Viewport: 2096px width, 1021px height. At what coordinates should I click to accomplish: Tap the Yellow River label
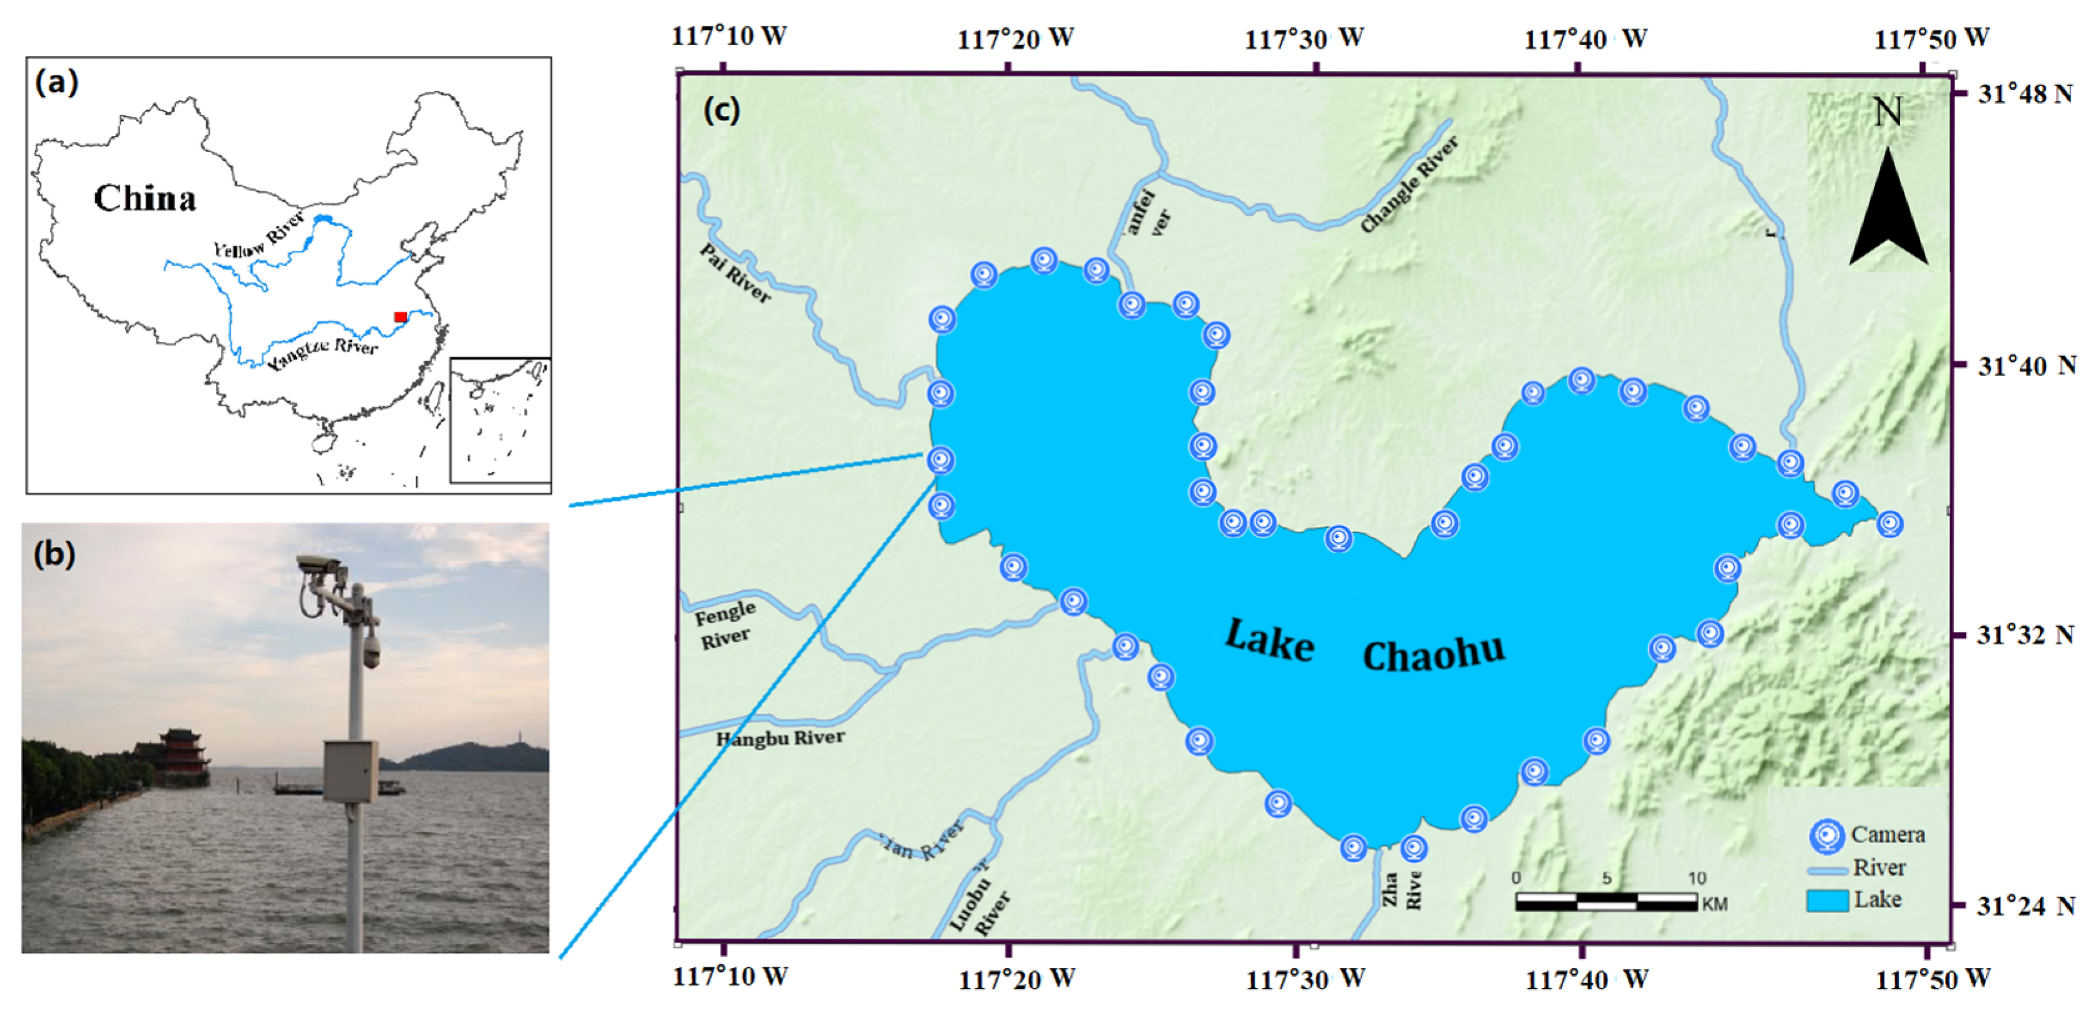click(x=259, y=236)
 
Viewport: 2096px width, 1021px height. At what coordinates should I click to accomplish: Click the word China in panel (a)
click(x=145, y=198)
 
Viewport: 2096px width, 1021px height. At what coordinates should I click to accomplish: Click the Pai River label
click(x=734, y=274)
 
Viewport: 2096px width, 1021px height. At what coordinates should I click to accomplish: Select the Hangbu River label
click(x=779, y=738)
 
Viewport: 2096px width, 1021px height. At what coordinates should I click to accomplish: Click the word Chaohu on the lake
click(x=1434, y=653)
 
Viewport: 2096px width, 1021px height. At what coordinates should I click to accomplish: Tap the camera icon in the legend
click(x=1826, y=836)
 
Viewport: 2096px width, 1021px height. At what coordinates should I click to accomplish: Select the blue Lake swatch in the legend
click(x=1826, y=901)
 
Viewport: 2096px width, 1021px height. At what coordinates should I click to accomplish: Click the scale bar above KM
click(x=1606, y=901)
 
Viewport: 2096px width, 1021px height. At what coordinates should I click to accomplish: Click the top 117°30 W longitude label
click(x=1304, y=38)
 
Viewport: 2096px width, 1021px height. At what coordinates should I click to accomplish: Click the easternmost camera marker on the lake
click(x=1889, y=525)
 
